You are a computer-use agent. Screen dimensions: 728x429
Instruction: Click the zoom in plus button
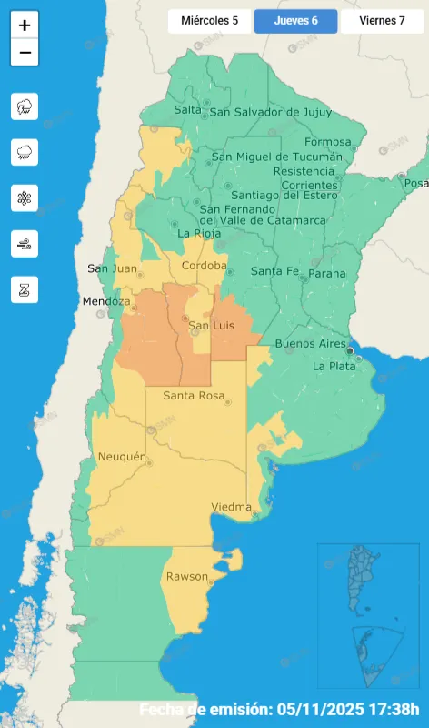(25, 25)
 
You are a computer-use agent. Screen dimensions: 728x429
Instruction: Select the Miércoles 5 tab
(210, 20)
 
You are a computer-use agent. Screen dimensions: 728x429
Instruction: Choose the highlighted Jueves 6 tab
(295, 20)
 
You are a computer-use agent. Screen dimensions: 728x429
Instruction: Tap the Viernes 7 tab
(382, 20)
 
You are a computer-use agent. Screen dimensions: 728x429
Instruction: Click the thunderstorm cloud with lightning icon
(25, 106)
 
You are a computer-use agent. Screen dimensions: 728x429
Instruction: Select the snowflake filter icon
(25, 197)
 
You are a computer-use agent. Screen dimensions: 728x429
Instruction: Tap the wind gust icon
(25, 243)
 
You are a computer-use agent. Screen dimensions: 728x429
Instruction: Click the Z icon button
(25, 289)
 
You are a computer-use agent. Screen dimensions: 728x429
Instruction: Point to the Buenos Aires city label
(312, 345)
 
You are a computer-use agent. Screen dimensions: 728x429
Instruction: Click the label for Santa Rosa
(194, 395)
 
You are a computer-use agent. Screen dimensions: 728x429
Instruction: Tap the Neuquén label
(120, 456)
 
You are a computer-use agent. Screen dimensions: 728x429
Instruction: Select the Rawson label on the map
(186, 577)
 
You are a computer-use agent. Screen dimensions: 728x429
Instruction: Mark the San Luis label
(211, 326)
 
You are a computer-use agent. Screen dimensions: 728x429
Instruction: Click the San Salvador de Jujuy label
(266, 112)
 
